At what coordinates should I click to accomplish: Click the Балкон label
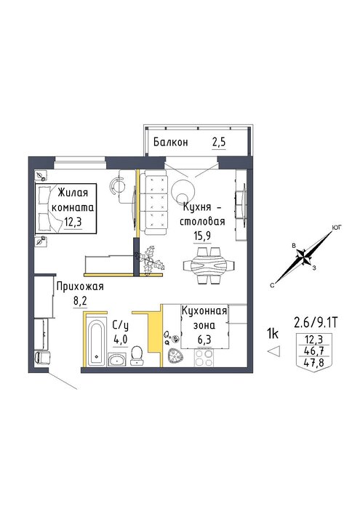pos(170,143)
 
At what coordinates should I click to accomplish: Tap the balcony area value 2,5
pos(219,143)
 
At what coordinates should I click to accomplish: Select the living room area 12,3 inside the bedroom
pos(73,223)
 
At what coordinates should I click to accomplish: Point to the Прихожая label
pos(80,287)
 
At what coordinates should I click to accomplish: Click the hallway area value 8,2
pos(81,302)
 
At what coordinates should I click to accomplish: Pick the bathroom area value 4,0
pos(121,340)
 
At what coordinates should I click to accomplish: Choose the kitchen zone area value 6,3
pos(204,340)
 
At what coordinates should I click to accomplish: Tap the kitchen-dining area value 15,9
pos(202,236)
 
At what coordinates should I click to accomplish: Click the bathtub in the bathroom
pos(97,342)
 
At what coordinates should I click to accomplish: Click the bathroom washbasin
pos(117,360)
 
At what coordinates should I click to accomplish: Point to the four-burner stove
pos(204,358)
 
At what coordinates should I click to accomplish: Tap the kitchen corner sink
pos(175,356)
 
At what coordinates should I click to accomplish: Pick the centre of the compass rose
pos(304,259)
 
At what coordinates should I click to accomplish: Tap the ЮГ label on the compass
pos(337,228)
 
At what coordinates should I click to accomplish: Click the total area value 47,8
pos(313,362)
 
